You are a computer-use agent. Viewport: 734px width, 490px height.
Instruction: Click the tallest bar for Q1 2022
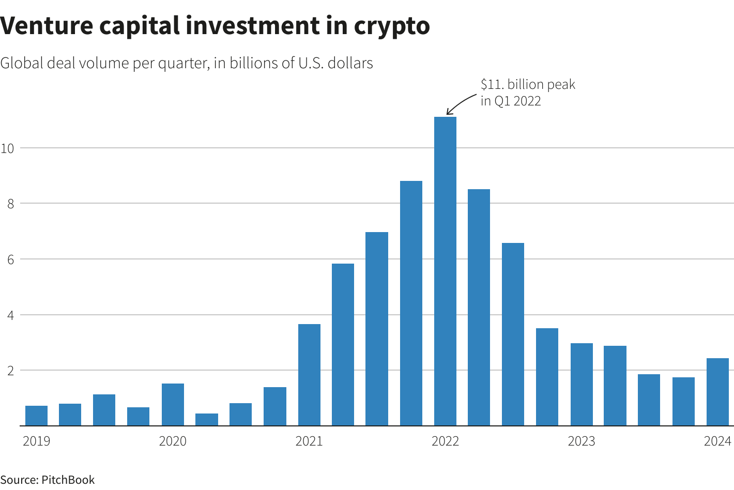(x=445, y=271)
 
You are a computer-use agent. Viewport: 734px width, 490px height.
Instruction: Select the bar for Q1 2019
(x=36, y=416)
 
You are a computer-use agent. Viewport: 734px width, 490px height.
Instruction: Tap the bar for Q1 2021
(x=309, y=375)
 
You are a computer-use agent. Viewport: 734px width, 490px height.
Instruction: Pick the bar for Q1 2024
(x=717, y=392)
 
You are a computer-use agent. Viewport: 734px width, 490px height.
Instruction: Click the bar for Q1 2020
(x=173, y=404)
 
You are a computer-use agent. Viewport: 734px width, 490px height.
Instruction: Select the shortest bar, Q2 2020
(x=207, y=420)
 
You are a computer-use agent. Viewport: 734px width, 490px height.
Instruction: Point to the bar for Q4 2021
(x=411, y=303)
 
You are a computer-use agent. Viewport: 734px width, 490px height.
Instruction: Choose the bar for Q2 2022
(x=479, y=308)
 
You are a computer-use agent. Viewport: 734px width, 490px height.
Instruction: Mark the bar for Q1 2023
(x=582, y=384)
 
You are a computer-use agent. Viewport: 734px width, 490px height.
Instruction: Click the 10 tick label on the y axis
(x=7, y=148)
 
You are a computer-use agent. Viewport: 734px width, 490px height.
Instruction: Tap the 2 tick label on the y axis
(x=10, y=371)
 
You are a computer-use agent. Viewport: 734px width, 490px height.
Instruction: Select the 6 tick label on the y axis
(x=10, y=259)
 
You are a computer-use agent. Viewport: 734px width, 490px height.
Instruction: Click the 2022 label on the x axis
(x=445, y=441)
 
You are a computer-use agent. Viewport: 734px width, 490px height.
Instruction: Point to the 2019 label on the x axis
(x=37, y=441)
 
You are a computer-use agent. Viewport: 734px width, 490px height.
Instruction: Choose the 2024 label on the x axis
(x=717, y=441)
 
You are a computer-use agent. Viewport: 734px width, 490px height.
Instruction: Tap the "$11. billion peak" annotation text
(x=527, y=85)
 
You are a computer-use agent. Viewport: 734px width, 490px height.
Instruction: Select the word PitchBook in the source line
(x=68, y=480)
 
